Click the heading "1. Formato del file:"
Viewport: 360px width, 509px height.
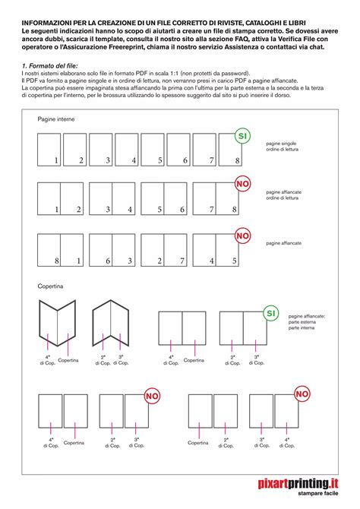click(x=47, y=66)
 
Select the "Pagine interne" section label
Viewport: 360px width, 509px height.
click(x=56, y=120)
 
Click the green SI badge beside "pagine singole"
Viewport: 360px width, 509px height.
click(x=242, y=137)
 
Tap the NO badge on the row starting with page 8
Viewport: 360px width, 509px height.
click(x=242, y=236)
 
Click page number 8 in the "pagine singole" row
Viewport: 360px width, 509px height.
click(x=236, y=161)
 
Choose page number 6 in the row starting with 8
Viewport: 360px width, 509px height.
click(x=108, y=261)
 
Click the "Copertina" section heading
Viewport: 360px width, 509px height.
click(x=52, y=287)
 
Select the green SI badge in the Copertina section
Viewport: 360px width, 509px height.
click(x=270, y=313)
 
